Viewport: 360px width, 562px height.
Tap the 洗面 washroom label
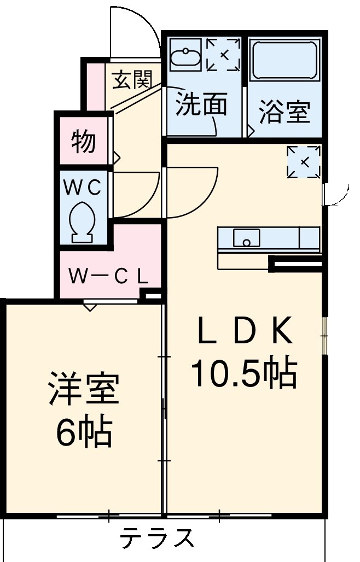(201, 106)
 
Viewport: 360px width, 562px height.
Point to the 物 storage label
(84, 142)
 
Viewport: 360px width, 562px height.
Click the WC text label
(83, 188)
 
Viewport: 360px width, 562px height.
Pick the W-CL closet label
(108, 276)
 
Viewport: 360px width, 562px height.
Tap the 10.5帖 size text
(243, 374)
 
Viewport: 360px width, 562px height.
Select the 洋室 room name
(83, 389)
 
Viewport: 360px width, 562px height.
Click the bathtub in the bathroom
(284, 60)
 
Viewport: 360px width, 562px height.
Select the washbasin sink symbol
(185, 56)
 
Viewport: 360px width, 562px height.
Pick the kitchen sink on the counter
(247, 238)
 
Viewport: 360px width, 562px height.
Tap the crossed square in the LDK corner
(303, 161)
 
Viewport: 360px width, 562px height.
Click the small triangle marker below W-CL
(90, 307)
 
